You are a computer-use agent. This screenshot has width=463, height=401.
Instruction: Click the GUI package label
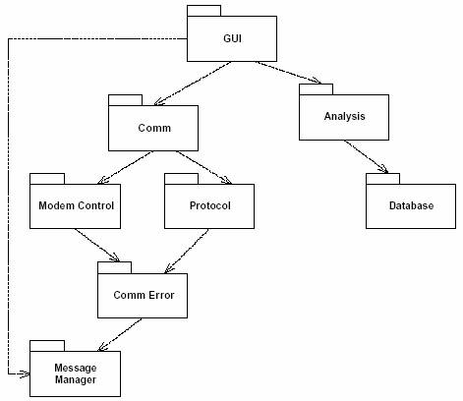pos(232,38)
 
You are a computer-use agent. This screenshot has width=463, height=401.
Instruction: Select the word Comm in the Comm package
pos(154,128)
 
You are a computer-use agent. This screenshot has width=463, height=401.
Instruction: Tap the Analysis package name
pos(344,116)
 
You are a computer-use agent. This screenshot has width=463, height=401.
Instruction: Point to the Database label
pos(411,205)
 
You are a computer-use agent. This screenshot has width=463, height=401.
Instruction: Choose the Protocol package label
pos(209,205)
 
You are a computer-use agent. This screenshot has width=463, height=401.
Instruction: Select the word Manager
pos(76,379)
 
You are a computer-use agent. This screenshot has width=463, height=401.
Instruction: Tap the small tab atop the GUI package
pos(203,11)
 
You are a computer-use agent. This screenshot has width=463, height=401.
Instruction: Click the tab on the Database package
pos(382,179)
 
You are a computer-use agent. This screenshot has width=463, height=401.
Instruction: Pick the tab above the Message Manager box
pos(47,346)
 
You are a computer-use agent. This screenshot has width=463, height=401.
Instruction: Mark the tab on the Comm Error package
pos(114,267)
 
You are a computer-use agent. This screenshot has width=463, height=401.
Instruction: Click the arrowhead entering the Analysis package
pos(317,81)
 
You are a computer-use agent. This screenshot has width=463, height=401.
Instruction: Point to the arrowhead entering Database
pos(383,169)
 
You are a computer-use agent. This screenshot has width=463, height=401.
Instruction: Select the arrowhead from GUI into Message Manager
pos(25,373)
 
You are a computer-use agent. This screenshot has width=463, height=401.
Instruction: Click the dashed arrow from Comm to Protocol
pos(203,167)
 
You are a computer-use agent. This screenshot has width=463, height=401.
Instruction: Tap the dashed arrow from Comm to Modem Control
pos(125,167)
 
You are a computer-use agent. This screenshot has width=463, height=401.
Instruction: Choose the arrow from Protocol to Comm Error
pos(186,251)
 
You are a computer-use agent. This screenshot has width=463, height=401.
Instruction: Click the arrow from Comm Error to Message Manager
pos(120,334)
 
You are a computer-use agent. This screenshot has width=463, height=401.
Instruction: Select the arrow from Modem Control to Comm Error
pos(97,246)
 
